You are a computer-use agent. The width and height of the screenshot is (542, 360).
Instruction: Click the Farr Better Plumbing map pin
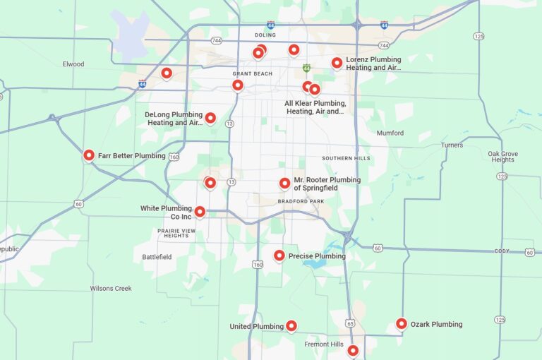pos(89,155)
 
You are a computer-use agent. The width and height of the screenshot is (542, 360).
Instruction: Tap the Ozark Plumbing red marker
pos(402,324)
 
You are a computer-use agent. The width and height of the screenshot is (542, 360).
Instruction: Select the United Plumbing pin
pos(291,326)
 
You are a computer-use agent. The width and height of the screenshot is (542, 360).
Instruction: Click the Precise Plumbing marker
pos(279,256)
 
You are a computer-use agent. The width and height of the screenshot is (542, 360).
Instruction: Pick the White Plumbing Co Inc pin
pos(200,211)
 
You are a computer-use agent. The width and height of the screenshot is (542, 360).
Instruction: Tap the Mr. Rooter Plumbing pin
pos(284,184)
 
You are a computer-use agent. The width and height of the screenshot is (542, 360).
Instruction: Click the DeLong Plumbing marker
pos(210,118)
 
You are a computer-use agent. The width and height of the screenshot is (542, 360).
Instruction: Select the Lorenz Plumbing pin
pos(337,63)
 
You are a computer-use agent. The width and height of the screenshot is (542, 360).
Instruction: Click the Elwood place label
pos(73,64)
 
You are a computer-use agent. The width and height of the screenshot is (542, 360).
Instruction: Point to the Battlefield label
pos(157,257)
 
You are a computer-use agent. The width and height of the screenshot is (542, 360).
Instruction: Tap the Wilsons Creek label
pos(111,288)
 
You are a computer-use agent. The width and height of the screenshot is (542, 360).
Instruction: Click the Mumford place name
pos(390,133)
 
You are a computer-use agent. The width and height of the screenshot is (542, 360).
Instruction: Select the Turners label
pos(452,145)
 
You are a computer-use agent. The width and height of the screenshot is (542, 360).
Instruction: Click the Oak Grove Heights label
pos(502,157)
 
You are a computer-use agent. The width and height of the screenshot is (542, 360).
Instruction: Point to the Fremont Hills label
pos(323,344)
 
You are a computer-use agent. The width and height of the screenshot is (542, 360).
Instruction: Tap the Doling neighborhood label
pos(265,35)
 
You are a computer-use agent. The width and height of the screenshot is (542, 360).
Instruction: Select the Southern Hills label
pos(346,158)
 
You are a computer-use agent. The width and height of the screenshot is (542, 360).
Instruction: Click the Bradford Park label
pos(301,201)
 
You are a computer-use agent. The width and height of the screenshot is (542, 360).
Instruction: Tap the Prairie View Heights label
pos(176,233)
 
